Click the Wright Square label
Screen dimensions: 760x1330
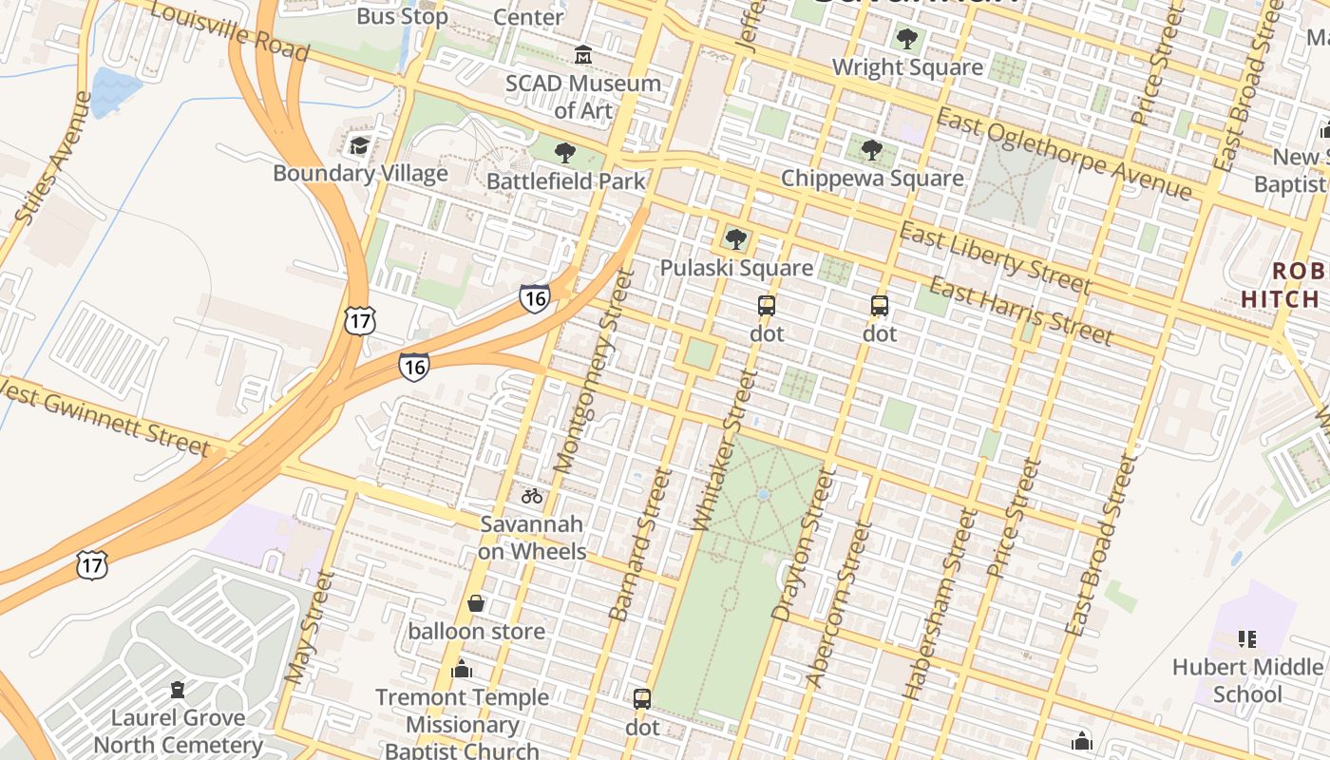[907, 67]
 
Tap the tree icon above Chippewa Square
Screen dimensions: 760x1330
[871, 150]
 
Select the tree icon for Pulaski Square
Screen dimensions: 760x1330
[735, 239]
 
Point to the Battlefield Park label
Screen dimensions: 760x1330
[565, 180]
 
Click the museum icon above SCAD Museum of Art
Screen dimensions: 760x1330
[582, 55]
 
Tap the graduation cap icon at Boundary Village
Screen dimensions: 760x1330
[359, 145]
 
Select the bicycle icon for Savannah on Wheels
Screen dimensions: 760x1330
[531, 495]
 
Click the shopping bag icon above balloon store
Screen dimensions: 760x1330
[476, 603]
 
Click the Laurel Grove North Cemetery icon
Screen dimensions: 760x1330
[178, 689]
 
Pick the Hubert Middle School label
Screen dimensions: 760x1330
[1246, 680]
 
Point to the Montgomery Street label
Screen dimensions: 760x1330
[589, 372]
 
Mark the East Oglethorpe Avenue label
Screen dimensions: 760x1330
[1063, 154]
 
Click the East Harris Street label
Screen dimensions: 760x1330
[1019, 311]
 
